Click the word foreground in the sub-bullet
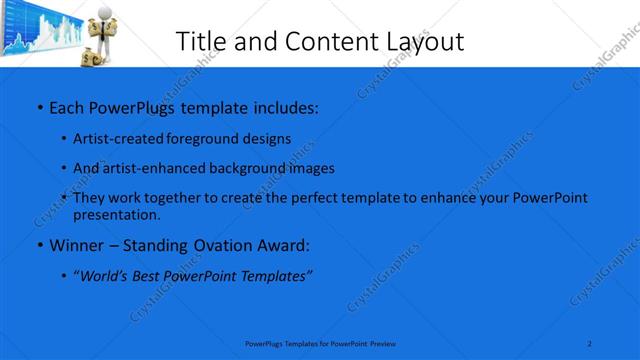coord(207,139)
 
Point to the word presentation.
coord(116,214)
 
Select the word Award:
coord(286,245)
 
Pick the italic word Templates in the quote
coord(275,276)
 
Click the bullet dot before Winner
coord(39,245)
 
